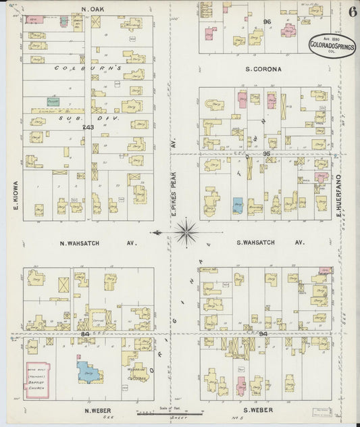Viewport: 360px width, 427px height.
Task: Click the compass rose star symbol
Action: pyautogui.click(x=186, y=233)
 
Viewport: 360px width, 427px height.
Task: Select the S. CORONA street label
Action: pyautogui.click(x=263, y=69)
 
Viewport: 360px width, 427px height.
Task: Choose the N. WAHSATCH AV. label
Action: pyautogui.click(x=98, y=243)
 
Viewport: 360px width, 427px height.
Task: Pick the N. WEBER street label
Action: pyautogui.click(x=97, y=409)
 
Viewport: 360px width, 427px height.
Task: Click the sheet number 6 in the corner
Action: pyautogui.click(x=353, y=11)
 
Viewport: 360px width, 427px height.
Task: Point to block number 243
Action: pyautogui.click(x=86, y=127)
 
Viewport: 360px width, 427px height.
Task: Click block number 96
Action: pyautogui.click(x=267, y=22)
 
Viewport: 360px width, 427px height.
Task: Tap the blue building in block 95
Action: pyautogui.click(x=237, y=205)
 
